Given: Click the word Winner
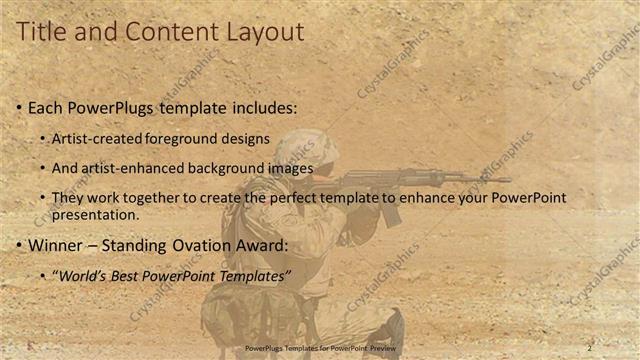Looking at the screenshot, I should [56, 245].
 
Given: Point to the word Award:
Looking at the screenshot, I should [264, 245].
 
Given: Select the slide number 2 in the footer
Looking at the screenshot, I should [589, 348].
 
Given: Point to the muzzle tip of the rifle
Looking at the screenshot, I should [507, 180].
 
